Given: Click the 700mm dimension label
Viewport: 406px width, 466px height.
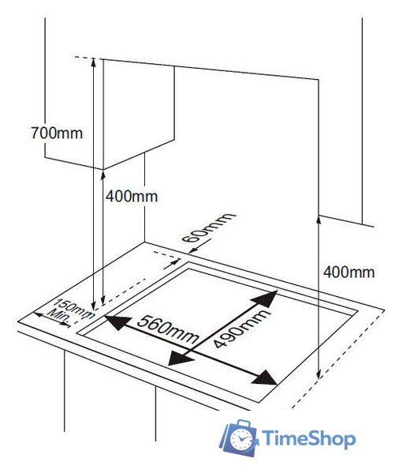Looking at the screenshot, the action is click(57, 133).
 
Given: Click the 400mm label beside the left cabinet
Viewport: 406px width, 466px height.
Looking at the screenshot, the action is click(132, 197).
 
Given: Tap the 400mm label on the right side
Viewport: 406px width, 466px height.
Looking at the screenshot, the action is click(349, 272).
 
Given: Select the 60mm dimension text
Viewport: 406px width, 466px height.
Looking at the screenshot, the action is click(208, 227).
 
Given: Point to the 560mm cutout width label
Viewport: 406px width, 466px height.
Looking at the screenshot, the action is click(168, 329).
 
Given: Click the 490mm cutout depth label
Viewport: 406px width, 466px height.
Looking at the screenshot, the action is click(242, 328).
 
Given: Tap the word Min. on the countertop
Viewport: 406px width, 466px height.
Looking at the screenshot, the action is click(59, 316).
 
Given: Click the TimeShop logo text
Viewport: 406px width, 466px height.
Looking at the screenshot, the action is click(308, 438).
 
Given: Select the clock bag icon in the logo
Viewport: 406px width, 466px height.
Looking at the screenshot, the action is click(238, 438).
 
